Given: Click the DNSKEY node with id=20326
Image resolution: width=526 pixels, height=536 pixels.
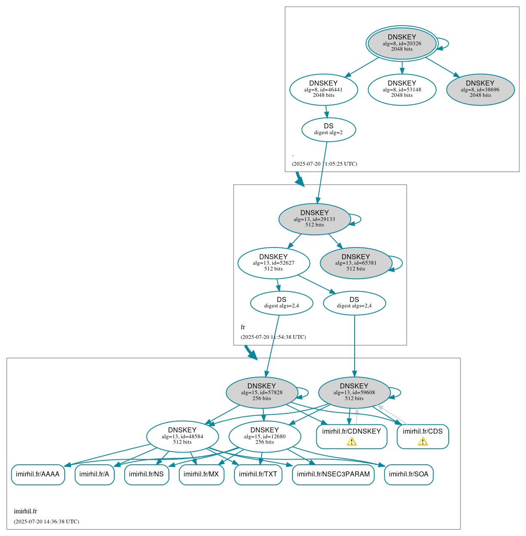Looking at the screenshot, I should click(402, 43).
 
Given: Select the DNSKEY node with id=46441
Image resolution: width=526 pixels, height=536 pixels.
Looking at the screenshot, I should click(323, 89).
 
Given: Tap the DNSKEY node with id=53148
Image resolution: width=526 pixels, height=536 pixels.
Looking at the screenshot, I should click(402, 89).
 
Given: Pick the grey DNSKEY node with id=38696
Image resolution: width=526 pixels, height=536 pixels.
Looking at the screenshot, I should click(480, 89).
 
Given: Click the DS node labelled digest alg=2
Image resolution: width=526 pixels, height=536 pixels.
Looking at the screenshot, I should click(329, 130).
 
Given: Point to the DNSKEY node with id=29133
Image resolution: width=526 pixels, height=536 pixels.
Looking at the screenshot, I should click(314, 219).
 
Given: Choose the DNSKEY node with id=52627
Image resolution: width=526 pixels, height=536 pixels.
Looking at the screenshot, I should click(274, 263).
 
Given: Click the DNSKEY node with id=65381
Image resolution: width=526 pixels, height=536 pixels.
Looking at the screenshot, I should click(356, 263).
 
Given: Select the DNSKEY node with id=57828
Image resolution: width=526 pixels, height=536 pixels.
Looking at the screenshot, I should click(262, 393).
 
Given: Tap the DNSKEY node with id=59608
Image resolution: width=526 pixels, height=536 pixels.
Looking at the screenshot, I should click(354, 393).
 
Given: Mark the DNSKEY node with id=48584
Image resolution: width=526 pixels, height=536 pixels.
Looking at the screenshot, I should click(182, 437).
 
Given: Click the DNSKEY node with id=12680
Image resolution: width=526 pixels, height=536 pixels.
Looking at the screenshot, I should click(265, 437).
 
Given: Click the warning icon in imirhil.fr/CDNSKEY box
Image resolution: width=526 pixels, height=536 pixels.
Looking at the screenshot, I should click(352, 442).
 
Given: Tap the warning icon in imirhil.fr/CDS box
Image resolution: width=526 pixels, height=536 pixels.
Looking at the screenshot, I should click(423, 442).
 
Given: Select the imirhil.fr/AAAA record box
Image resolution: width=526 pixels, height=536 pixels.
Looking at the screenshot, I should click(38, 474).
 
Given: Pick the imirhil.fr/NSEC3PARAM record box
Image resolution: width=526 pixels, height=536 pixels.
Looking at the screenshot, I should click(333, 474).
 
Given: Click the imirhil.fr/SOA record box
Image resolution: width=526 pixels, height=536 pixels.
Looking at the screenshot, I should click(408, 474).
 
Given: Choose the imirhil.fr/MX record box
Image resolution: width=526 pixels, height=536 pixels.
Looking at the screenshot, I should click(201, 474).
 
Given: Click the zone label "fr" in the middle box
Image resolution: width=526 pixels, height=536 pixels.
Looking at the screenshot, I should click(243, 327).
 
